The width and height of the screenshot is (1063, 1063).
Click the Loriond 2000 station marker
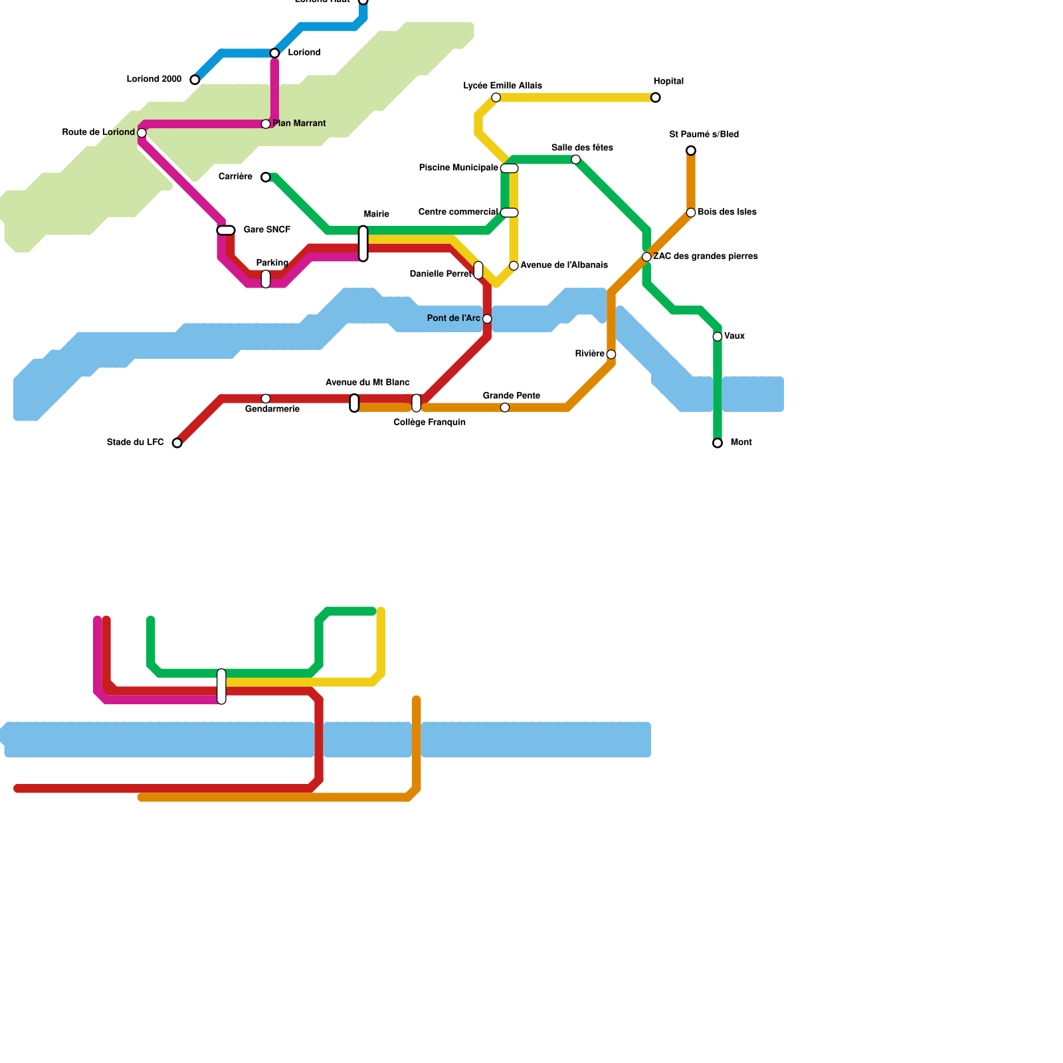click(195, 80)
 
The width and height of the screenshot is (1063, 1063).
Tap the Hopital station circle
click(656, 98)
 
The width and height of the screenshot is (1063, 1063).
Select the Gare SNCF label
click(267, 230)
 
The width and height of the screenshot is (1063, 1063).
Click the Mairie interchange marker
click(363, 244)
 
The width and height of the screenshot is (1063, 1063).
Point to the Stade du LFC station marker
click(177, 443)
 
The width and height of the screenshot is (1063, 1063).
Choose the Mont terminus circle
click(718, 443)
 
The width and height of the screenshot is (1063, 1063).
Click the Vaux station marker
click(718, 337)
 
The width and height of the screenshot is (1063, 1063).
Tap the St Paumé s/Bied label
click(704, 135)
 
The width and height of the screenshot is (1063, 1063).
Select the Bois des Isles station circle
click(691, 213)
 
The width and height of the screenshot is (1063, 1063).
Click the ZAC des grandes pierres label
click(705, 256)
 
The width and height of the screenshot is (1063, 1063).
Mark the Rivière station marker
click(611, 355)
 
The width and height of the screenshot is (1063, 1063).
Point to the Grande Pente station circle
click(505, 408)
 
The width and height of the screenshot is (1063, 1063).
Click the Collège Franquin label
click(429, 423)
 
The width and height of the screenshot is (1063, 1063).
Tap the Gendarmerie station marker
click(266, 399)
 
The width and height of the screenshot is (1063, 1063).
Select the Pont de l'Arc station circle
click(487, 319)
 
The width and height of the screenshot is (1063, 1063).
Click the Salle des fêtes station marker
click(576, 159)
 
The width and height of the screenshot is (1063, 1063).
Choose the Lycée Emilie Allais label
click(502, 86)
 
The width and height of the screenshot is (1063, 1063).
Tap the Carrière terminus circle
click(266, 177)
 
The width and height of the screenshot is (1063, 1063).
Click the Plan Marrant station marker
click(266, 124)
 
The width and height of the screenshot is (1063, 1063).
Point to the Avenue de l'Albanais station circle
click(514, 266)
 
